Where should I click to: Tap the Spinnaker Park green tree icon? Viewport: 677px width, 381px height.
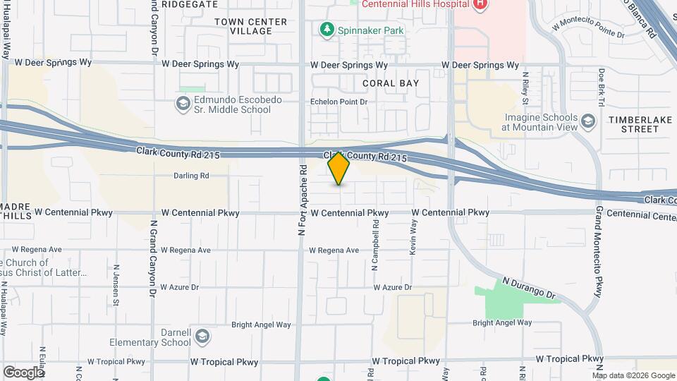pyautogui.click(x=326, y=30)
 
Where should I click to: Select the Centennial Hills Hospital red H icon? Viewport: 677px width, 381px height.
pyautogui.click(x=480, y=4)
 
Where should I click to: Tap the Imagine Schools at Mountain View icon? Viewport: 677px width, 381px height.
pyautogui.click(x=588, y=122)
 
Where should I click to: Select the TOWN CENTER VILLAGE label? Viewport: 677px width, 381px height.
pyautogui.click(x=251, y=27)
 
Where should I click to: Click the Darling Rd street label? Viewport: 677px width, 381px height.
pyautogui.click(x=192, y=176)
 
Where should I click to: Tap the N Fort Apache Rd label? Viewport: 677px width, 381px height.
pyautogui.click(x=302, y=200)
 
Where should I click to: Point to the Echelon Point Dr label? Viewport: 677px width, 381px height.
pyautogui.click(x=339, y=102)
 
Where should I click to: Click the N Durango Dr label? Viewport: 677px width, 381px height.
pyautogui.click(x=529, y=287)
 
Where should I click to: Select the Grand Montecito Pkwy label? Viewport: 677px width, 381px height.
pyautogui.click(x=599, y=252)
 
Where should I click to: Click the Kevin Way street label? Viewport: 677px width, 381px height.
pyautogui.click(x=414, y=233)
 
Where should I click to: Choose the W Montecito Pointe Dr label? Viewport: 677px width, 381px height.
pyautogui.click(x=589, y=28)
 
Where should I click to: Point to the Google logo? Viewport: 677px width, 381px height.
pyautogui.click(x=23, y=372)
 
